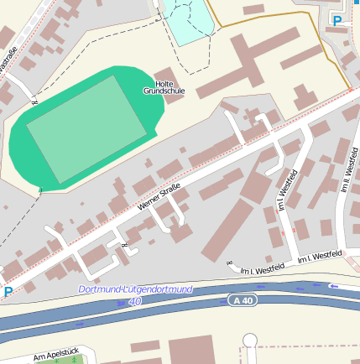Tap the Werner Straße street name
coord(159,198)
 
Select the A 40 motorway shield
coord(243,300)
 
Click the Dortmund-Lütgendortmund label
coord(135,289)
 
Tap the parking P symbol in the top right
coord(337,20)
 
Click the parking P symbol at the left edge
coord(8,292)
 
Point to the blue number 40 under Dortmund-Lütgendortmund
coord(135,299)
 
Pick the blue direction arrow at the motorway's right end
coord(334,287)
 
